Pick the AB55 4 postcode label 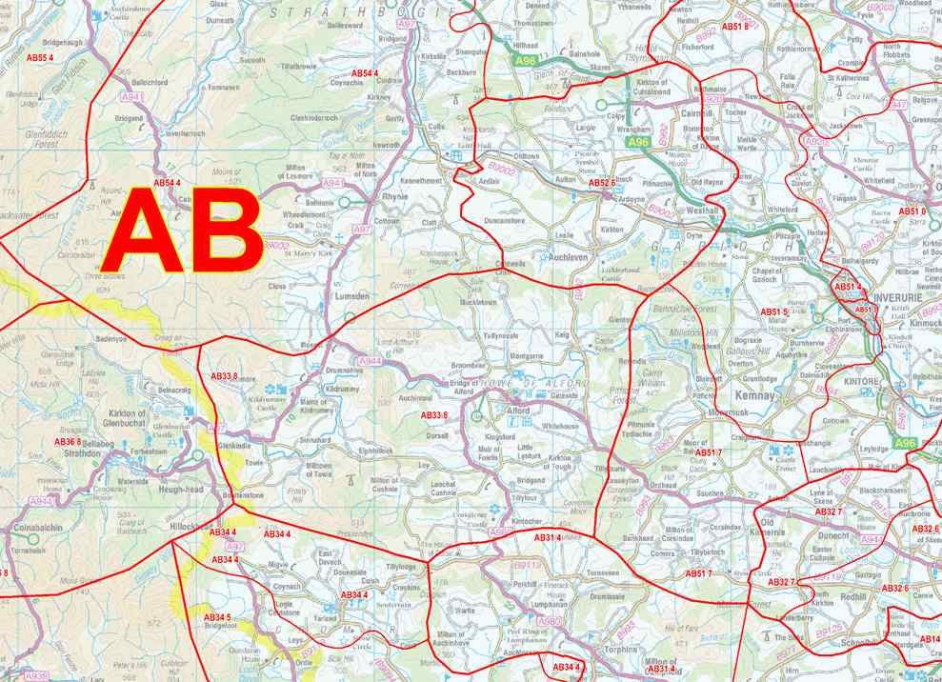[39, 58]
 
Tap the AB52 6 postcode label [603, 182]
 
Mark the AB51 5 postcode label [773, 312]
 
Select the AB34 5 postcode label [217, 618]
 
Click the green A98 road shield [526, 61]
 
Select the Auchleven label [570, 257]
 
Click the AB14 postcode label [929, 639]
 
